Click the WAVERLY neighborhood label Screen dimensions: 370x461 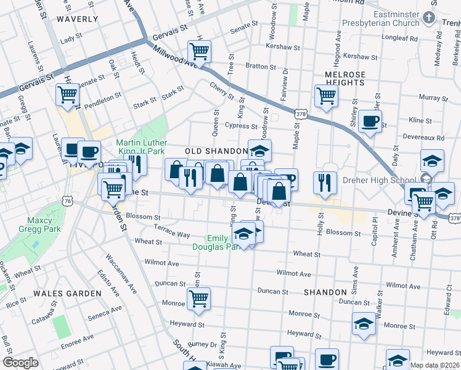tap(77, 19)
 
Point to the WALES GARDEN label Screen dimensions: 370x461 tap(67, 294)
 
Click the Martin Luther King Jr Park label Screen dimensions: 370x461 tap(141, 147)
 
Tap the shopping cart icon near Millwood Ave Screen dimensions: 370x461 tap(200, 51)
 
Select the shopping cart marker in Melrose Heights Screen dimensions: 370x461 tap(326, 96)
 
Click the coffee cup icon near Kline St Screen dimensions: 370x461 tap(370, 121)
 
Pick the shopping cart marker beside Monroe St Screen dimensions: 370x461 tap(198, 299)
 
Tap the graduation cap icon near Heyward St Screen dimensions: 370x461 tap(364, 324)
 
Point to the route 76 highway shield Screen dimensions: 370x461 tap(68, 201)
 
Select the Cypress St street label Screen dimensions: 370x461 tap(240, 126)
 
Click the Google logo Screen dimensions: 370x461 tap(20, 363)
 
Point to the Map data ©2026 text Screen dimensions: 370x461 tap(434, 365)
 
